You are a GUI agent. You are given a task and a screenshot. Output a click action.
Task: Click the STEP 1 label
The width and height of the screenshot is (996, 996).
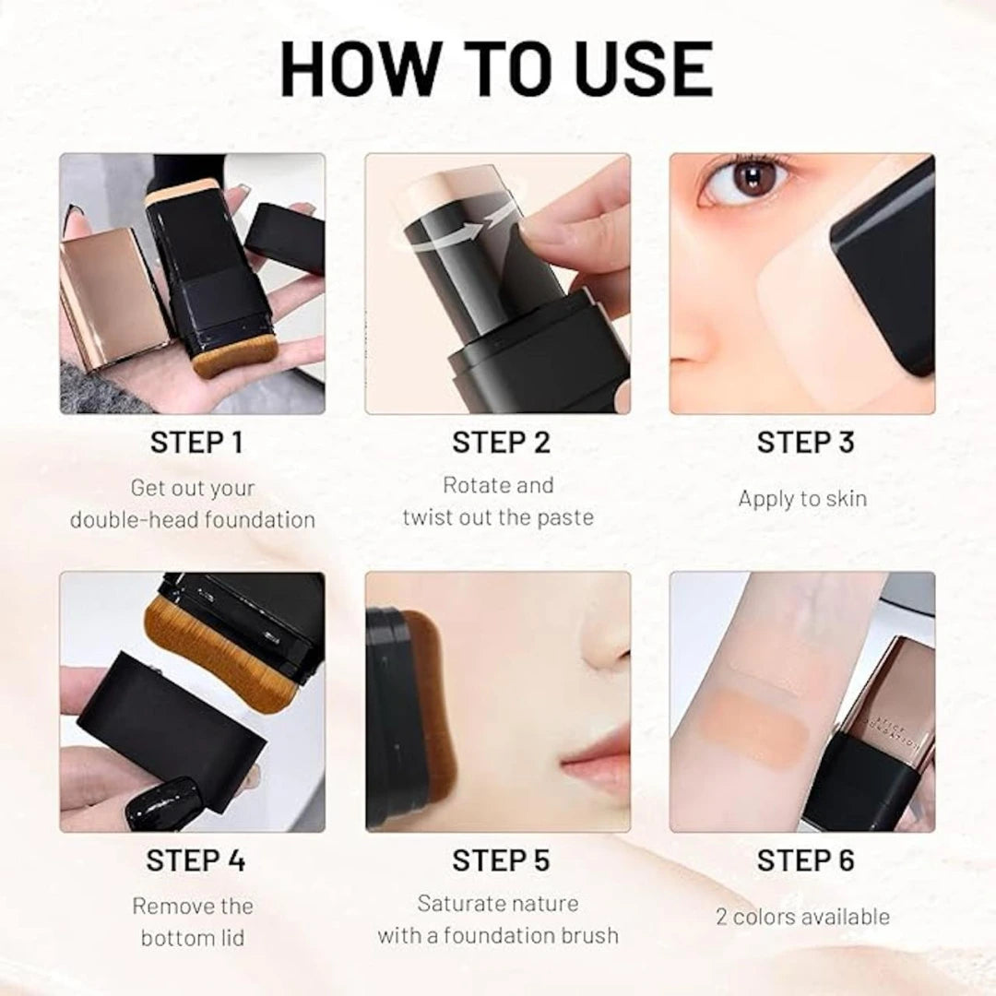point(196,443)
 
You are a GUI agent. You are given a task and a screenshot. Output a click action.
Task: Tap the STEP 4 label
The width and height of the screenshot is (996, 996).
point(196,860)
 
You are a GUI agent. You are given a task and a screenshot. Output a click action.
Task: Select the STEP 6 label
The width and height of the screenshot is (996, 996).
point(805,860)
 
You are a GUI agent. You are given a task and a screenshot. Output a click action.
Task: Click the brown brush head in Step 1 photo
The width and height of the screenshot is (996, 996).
point(235,355)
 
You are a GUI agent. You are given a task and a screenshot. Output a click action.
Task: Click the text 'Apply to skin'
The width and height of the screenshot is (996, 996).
point(802,499)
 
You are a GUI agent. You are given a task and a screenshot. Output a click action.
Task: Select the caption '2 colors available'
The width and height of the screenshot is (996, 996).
point(802,917)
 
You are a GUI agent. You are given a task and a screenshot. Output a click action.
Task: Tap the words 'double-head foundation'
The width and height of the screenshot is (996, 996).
point(193,519)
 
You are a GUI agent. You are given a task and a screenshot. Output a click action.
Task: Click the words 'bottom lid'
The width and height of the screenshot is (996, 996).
point(193,938)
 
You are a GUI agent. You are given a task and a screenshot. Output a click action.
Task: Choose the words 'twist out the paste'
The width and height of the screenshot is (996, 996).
point(498,517)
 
